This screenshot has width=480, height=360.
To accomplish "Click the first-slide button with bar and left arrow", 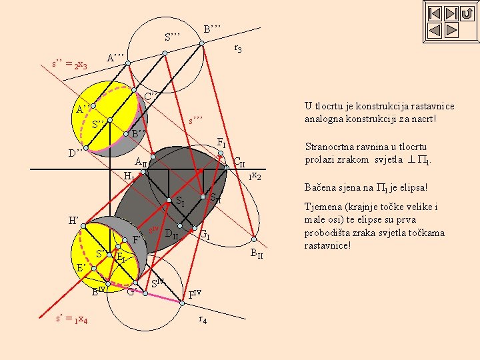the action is point(434,13).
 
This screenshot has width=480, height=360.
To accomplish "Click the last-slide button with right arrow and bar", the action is point(451,13).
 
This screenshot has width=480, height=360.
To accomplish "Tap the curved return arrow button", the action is point(467,13).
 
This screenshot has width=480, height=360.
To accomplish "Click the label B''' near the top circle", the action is point(213,29).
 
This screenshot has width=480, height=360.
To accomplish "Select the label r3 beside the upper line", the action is point(237,49).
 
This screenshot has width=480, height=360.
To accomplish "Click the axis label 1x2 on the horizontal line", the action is point(255,176).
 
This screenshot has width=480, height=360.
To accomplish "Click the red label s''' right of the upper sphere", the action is point(195,121).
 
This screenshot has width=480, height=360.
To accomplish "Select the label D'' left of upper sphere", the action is point(76,152).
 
